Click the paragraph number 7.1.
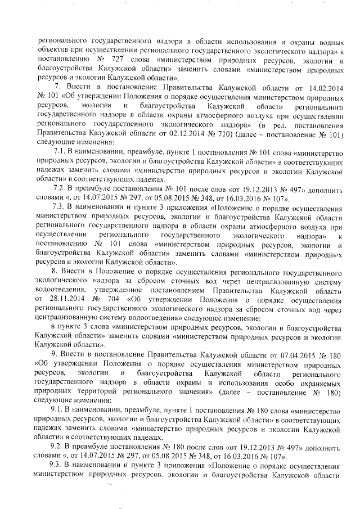[58, 152]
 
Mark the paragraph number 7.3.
[58, 208]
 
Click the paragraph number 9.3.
[58, 467]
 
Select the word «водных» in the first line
[327, 42]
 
